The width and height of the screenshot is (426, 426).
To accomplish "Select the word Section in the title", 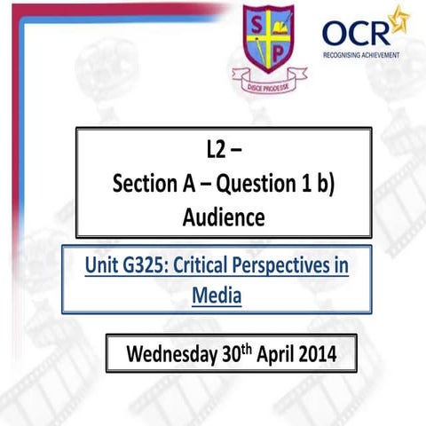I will point(146,185).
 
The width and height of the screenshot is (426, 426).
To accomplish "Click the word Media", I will point(217,293).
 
